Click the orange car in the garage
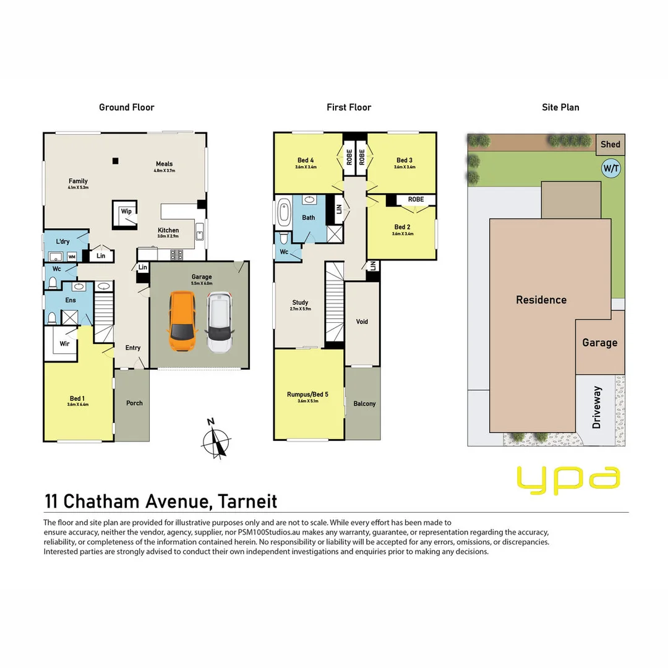182,322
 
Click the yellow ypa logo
568,480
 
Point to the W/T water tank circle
611,168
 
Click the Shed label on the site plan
610,144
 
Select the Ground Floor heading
127,107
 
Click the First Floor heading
349,107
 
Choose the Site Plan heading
560,107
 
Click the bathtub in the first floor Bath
284,213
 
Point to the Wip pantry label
126,212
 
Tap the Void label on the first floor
362,322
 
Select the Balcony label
364,403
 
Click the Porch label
134,403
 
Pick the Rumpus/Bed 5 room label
308,394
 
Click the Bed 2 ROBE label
416,199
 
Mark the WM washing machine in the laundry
72,256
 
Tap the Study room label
300,302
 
